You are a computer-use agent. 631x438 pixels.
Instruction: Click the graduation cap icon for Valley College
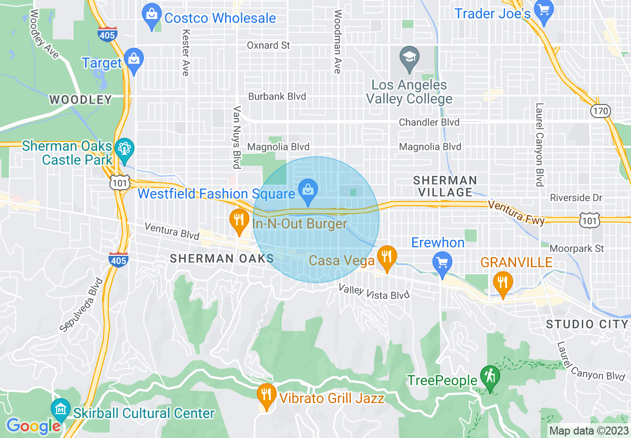tap(409, 56)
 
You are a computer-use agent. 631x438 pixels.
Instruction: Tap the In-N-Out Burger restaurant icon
tap(239, 220)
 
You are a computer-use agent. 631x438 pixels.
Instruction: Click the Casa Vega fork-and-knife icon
tap(386, 257)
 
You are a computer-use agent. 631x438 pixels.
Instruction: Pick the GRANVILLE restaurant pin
tap(503, 282)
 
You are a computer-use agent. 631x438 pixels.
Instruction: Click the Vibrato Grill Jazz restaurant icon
tap(267, 395)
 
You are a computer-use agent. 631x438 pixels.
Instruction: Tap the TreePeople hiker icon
tap(490, 377)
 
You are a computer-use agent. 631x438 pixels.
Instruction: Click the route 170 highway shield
tap(601, 111)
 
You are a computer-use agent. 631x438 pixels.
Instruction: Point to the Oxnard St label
tap(268, 45)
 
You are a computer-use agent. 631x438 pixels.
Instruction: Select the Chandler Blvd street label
tap(429, 122)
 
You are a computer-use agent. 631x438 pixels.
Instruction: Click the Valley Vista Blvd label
tap(374, 292)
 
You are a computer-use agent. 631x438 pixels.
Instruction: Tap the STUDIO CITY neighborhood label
tap(587, 325)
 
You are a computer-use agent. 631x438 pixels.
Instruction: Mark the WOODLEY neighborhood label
tap(81, 100)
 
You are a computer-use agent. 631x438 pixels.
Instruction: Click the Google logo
tap(33, 426)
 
